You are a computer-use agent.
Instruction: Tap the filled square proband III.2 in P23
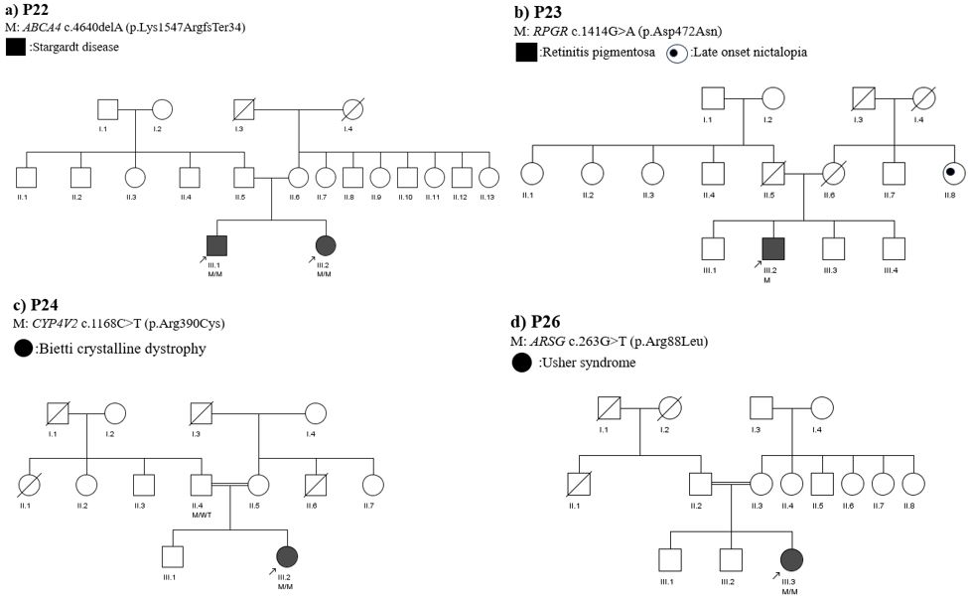point(773,249)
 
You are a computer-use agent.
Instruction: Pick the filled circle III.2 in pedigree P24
point(287,557)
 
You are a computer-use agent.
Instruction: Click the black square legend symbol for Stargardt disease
point(16,46)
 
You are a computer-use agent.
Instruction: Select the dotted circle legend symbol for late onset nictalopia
point(675,53)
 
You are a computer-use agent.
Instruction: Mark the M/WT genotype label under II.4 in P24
point(202,514)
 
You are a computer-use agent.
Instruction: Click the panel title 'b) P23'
point(538,12)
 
